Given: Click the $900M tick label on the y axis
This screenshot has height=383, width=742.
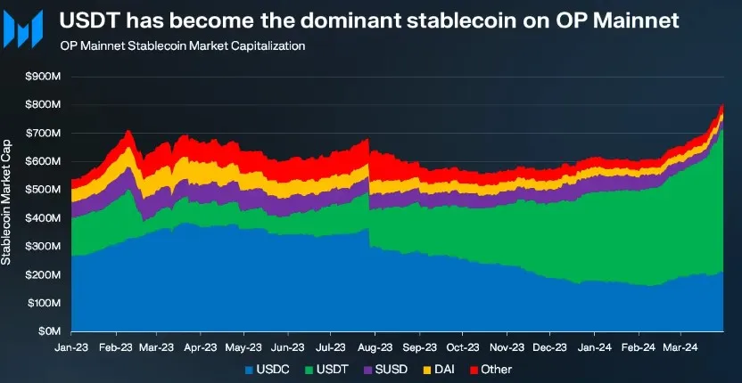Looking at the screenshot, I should pos(45,77).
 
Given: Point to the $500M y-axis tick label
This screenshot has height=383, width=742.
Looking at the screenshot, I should pos(45,190).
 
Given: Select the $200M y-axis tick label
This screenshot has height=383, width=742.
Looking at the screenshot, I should pos(45,274).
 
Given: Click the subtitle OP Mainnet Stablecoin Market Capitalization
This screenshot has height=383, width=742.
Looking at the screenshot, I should pos(182,45).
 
